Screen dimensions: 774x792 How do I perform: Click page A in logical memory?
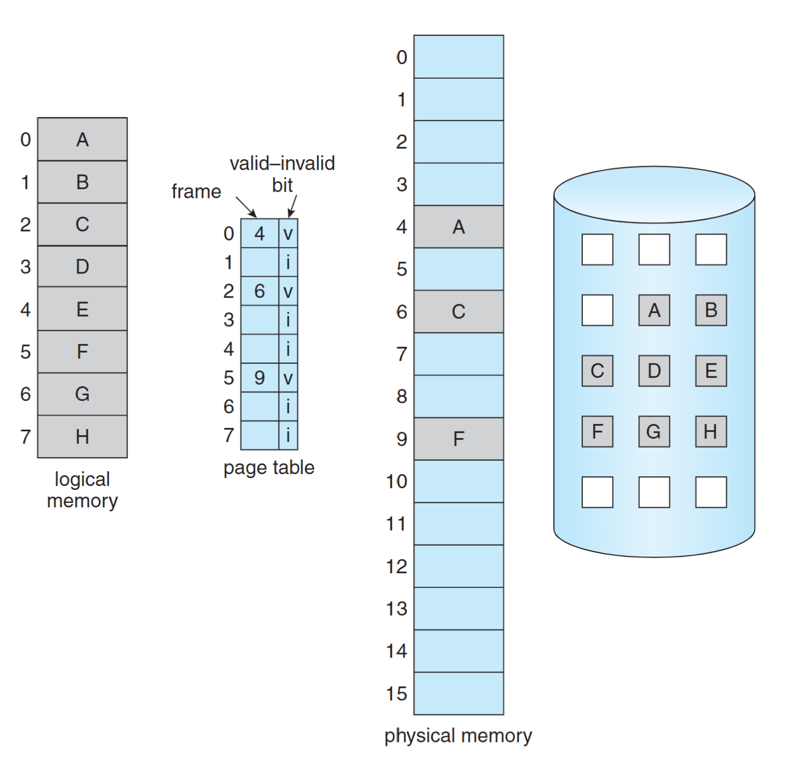tap(82, 139)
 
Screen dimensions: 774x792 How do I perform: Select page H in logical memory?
tap(82, 436)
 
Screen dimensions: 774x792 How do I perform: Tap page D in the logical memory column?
tap(82, 267)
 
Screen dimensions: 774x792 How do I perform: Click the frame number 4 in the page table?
tap(259, 233)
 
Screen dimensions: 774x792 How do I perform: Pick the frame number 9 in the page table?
tap(259, 377)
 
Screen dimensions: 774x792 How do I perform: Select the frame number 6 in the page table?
tap(259, 291)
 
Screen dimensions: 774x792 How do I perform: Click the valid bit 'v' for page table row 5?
tap(288, 378)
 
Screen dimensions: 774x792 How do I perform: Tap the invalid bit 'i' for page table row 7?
tap(288, 435)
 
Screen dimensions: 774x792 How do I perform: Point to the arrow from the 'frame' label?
tap(246, 207)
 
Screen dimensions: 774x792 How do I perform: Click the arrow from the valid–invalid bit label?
tap(292, 206)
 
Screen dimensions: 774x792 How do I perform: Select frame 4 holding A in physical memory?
tap(458, 227)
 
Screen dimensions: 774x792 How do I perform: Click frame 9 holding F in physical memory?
tap(458, 439)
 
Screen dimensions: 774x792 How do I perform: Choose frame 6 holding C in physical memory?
tap(458, 312)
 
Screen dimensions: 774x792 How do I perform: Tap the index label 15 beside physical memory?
tap(396, 694)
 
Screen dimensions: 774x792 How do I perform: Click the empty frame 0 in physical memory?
tap(458, 57)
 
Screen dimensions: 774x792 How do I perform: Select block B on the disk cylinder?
tap(711, 310)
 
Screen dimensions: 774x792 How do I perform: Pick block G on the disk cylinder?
tap(654, 431)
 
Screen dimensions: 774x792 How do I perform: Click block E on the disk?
tap(711, 371)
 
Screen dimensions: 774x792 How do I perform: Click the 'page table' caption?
tap(269, 467)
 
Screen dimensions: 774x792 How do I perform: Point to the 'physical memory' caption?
tap(458, 736)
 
